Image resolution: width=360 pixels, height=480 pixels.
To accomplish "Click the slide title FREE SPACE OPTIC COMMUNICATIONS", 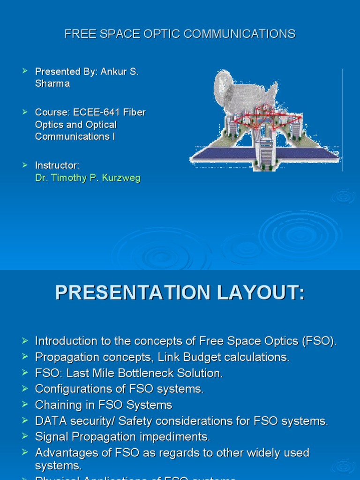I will pos(180,34).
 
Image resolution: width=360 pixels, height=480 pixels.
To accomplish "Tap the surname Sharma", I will pos(52,84).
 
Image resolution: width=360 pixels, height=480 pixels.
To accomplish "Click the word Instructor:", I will pos(57,165).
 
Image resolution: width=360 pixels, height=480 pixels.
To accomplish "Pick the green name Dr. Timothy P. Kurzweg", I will pos(88,178).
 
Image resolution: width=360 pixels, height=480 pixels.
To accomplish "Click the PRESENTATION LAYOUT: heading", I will pos(180,292).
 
